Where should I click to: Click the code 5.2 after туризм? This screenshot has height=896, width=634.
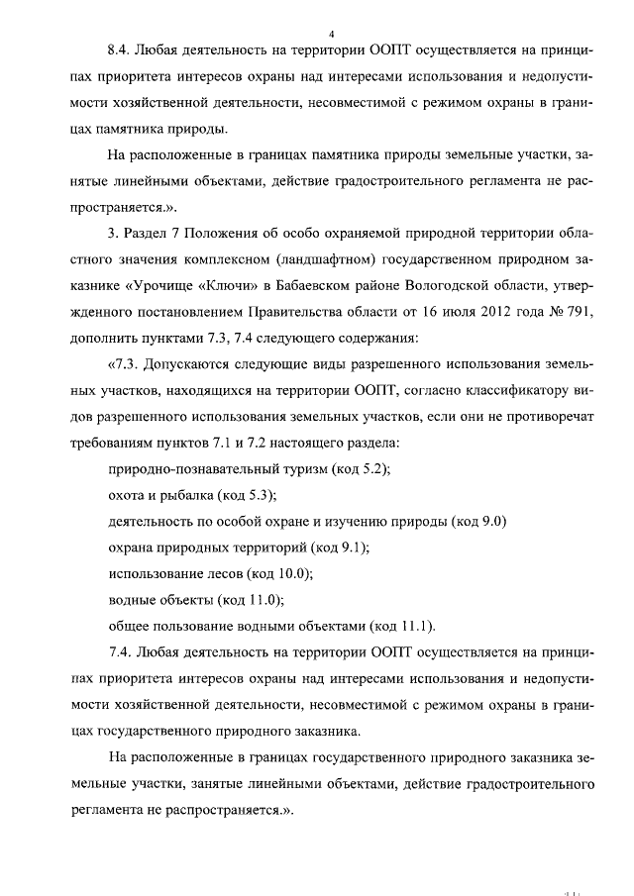pyautogui.click(x=370, y=471)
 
